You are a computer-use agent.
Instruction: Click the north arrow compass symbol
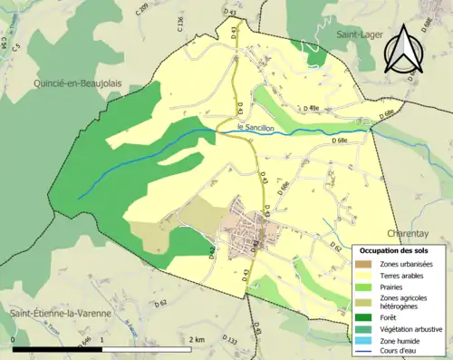[406, 49]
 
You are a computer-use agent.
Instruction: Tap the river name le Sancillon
[254, 127]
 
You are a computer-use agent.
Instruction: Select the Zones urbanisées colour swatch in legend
[367, 262]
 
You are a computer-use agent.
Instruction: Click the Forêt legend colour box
[367, 316]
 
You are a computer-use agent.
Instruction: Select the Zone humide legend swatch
[367, 338]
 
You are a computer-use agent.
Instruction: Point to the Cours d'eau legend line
[367, 349]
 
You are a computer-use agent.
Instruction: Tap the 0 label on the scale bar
[14, 338]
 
